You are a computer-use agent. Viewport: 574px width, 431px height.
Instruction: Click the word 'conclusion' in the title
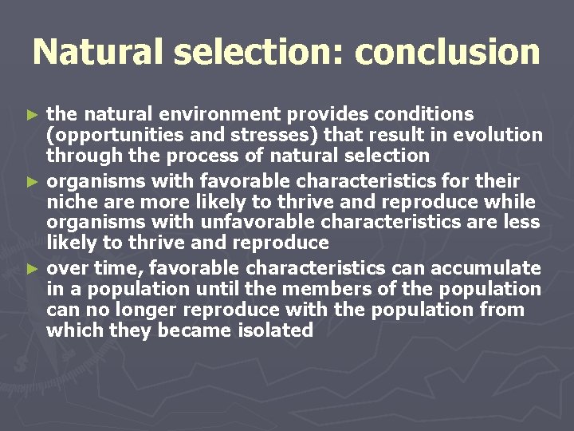tap(447, 53)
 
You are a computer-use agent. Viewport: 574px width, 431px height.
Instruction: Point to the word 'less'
tap(521, 222)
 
